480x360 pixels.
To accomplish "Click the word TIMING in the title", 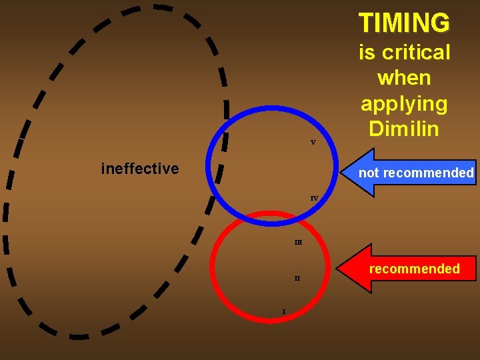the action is (404, 23).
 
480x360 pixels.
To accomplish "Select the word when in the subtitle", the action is (404, 78).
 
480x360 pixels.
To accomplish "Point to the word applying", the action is (404, 104).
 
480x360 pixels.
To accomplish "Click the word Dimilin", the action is (404, 129).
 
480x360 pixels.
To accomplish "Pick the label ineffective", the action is (140, 169).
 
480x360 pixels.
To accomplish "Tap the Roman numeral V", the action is (313, 143).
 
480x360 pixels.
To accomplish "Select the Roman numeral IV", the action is (314, 198).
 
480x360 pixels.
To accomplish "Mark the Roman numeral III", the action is (298, 242).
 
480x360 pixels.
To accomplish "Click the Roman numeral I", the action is (284, 311).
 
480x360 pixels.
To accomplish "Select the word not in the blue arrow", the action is (367, 173).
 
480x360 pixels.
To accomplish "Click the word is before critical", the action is (366, 52).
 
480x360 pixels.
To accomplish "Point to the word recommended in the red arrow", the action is (415, 269).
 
